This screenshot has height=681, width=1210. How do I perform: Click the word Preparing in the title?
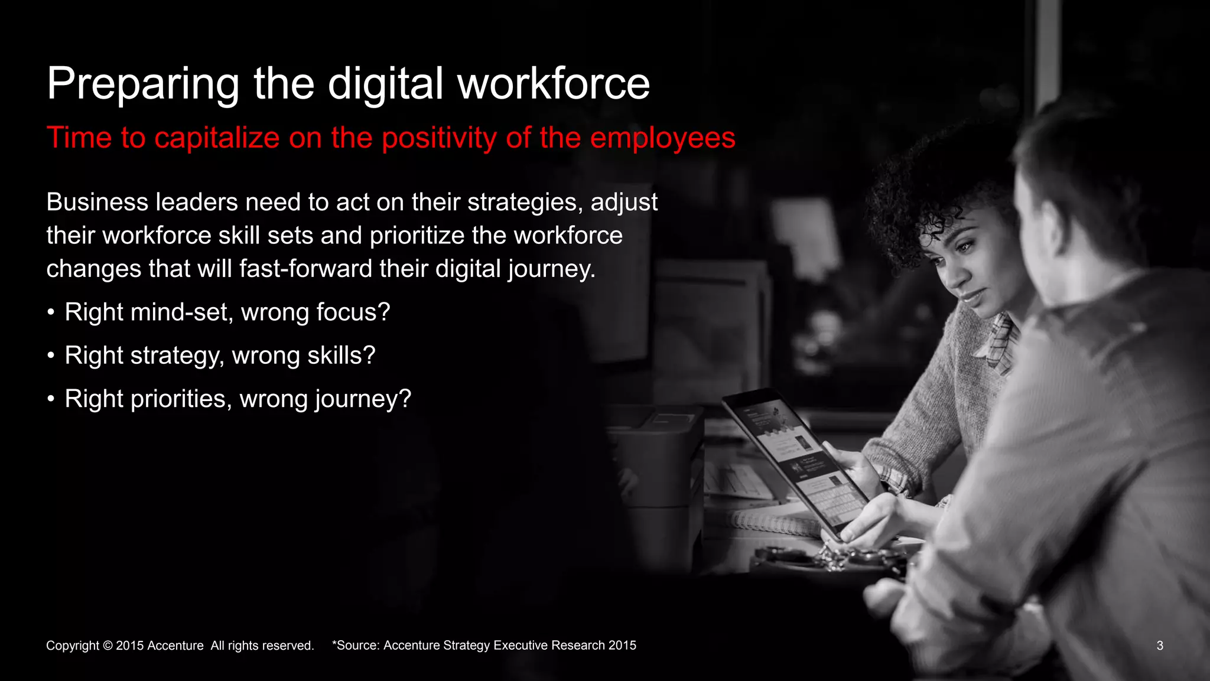[143, 84]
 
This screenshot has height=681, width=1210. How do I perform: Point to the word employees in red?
[662, 138]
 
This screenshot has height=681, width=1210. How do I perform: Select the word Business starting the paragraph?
[97, 202]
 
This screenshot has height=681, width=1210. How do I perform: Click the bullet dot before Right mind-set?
[51, 312]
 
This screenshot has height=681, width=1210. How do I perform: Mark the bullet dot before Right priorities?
[51, 399]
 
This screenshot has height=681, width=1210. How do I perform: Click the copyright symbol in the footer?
[108, 646]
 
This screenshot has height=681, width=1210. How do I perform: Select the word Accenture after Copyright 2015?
[175, 646]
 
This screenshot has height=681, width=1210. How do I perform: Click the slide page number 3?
[1160, 646]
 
